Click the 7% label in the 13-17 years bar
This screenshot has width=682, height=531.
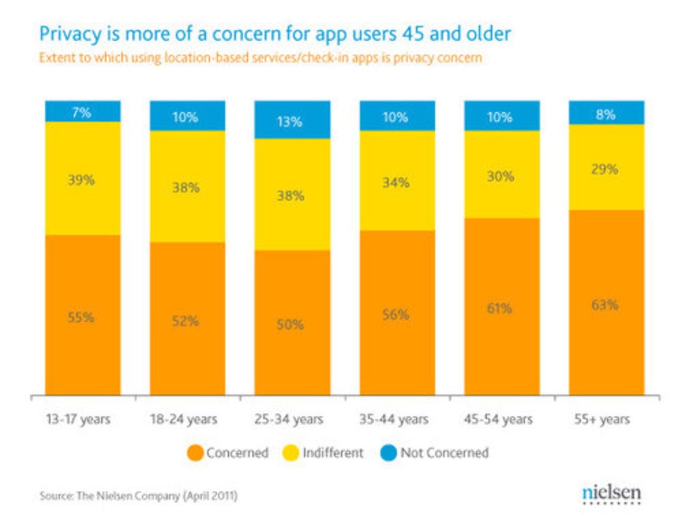pos(81,112)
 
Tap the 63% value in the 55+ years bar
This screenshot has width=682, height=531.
pos(605,305)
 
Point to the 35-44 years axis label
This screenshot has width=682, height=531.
pos(394,419)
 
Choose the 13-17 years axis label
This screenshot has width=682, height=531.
pos(78,419)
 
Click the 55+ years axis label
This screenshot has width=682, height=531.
pos(602,419)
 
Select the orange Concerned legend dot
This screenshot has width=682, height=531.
pos(195,453)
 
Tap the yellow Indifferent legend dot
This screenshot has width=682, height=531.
pos(290,453)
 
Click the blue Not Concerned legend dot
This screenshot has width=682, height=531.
pos(389,453)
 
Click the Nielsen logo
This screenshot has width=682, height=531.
pos(612,494)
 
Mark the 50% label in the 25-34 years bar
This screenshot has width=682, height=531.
pos(290,324)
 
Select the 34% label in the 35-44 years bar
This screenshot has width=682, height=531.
pos(395,182)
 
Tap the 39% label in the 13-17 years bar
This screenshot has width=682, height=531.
pos(81,180)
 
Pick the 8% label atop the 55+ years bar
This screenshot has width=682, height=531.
pos(605,114)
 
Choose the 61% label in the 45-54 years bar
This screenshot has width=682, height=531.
pos(499,308)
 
